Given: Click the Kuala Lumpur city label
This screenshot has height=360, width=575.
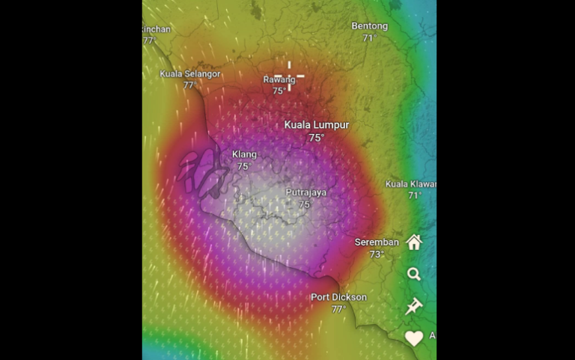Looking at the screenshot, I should point(316,125).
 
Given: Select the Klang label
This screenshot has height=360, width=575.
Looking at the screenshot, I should point(244,155).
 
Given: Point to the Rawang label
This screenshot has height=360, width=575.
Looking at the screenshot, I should point(279,80).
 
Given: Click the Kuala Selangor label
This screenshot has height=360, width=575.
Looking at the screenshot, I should point(190,74).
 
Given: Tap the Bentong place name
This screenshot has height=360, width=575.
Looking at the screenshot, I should point(370,26).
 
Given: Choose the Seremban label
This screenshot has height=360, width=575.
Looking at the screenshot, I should point(377,242).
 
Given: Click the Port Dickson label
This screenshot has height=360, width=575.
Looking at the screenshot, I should point(339,297).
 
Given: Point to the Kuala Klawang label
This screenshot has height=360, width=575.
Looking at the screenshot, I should point(411,184).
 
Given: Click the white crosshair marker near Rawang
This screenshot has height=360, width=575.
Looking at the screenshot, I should point(289,76).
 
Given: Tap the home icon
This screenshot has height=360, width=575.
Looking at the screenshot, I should point(414,242).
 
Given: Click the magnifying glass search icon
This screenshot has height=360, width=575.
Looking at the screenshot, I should point(414,274).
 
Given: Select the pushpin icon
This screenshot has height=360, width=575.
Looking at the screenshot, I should point(414,306).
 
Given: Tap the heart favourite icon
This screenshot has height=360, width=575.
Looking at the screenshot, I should point(414,338).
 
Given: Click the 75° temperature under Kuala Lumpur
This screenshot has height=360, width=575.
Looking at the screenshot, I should point(316,138).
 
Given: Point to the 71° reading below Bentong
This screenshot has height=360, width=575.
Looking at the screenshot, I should point(369,38).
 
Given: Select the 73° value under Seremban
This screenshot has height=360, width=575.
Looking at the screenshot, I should point(377,254).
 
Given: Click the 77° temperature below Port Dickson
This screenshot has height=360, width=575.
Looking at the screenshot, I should point(339,309).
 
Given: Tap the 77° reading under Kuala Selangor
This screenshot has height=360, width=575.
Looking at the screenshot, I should point(189,85).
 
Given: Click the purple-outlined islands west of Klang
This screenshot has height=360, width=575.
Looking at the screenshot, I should point(202,171).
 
